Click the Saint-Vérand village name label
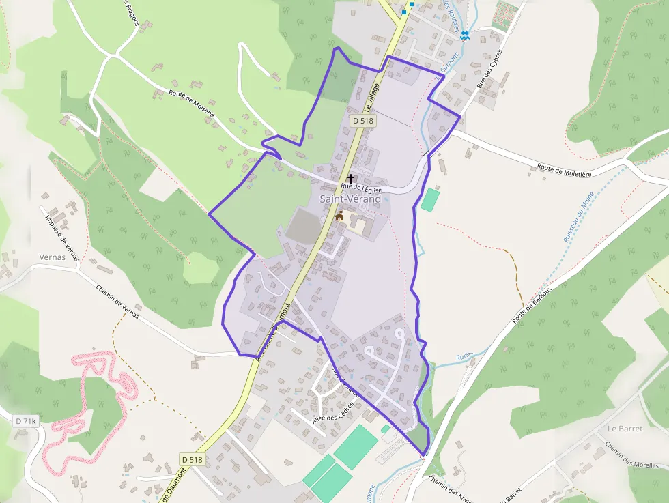tap(350, 199)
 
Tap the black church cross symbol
tap(351, 178)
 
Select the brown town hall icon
tap(339, 216)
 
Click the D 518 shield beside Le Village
tap(364, 120)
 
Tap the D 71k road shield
tap(25, 422)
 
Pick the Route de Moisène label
tap(192, 102)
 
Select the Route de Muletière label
tap(564, 170)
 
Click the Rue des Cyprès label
tap(489, 72)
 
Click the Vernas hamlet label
tap(53, 257)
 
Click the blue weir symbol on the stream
tap(465, 35)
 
